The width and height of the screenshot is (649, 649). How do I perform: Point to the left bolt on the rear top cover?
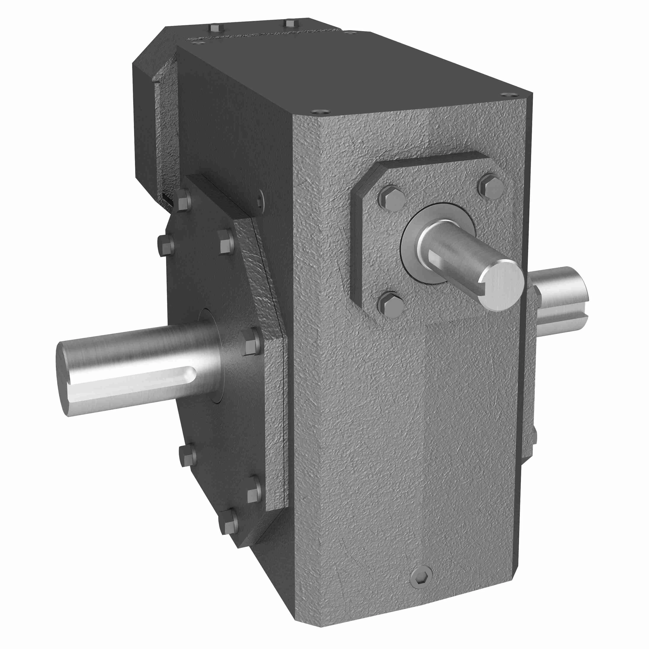pos(214,27)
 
